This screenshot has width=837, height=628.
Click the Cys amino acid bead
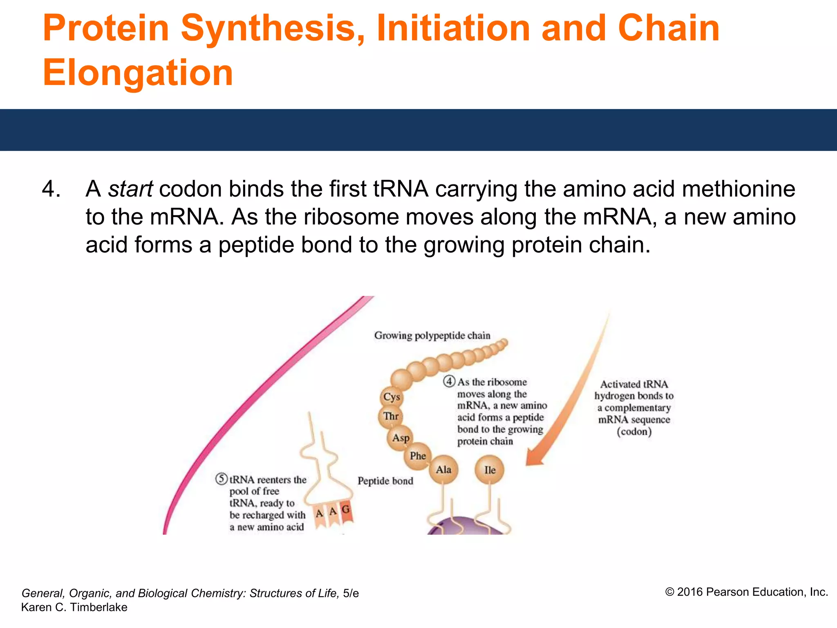pyautogui.click(x=392, y=397)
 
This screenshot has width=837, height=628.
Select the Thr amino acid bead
pyautogui.click(x=391, y=417)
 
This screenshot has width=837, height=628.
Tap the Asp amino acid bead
pyautogui.click(x=401, y=438)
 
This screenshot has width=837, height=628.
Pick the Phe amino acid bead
pyautogui.click(x=418, y=456)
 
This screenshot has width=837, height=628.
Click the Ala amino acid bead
pyautogui.click(x=443, y=469)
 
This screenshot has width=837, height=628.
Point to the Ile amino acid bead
pyautogui.click(x=490, y=470)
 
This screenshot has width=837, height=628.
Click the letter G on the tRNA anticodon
pyautogui.click(x=346, y=510)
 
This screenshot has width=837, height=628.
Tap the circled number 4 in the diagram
pyautogui.click(x=449, y=381)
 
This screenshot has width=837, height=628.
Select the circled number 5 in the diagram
pyautogui.click(x=221, y=479)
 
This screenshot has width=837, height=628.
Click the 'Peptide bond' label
pyautogui.click(x=385, y=481)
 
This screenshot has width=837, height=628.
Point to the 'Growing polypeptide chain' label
pyautogui.click(x=432, y=336)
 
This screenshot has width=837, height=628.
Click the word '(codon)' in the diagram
pyautogui.click(x=634, y=432)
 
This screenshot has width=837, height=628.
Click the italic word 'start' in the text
pyautogui.click(x=130, y=189)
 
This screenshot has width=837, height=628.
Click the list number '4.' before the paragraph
pyautogui.click(x=51, y=189)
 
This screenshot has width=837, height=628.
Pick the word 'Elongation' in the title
pyautogui.click(x=138, y=73)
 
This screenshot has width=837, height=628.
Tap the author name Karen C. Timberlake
pyautogui.click(x=74, y=607)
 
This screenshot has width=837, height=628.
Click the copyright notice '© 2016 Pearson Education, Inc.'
pyautogui.click(x=746, y=592)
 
